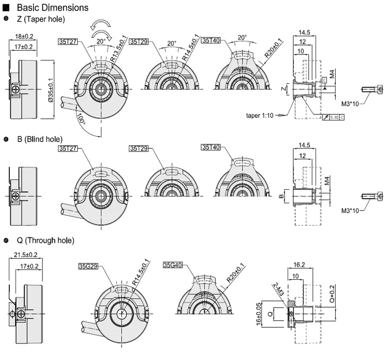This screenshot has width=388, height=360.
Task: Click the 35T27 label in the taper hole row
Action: pyautogui.click(x=68, y=41)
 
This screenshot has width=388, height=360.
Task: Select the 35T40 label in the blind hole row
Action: pyautogui.click(x=211, y=148)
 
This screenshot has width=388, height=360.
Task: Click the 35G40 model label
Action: pyautogui.click(x=173, y=265)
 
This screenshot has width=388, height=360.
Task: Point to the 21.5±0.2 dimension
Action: pyautogui.click(x=26, y=254)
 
